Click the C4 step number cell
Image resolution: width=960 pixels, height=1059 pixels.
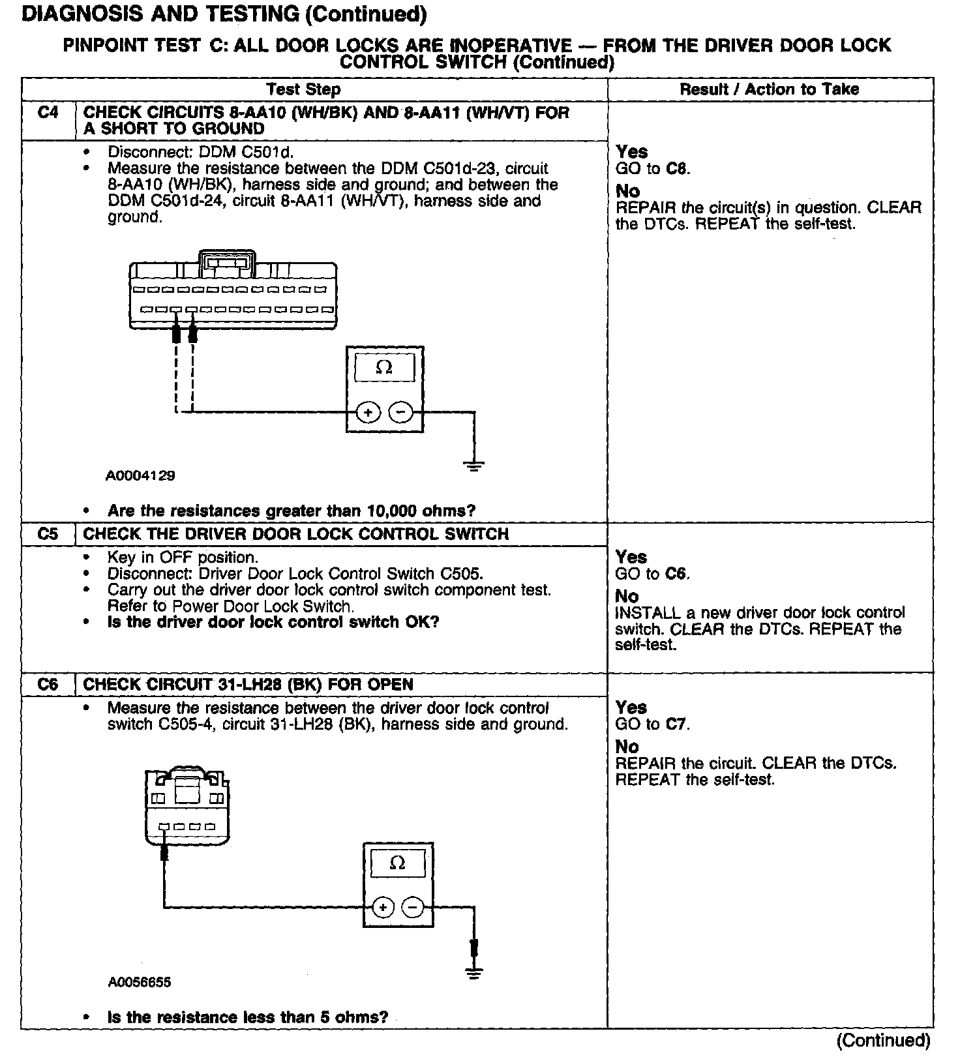pyautogui.click(x=48, y=113)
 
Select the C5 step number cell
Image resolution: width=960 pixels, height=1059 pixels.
pyautogui.click(x=48, y=534)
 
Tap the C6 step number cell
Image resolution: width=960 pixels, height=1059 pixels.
pyautogui.click(x=48, y=685)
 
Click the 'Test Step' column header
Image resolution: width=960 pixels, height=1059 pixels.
pyautogui.click(x=303, y=89)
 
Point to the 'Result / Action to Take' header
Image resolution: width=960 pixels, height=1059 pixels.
pyautogui.click(x=770, y=89)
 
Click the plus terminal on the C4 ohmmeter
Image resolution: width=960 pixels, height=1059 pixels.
pyautogui.click(x=368, y=412)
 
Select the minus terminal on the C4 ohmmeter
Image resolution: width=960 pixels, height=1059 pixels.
pyautogui.click(x=400, y=412)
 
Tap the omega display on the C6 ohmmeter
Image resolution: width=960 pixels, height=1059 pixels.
pyautogui.click(x=397, y=863)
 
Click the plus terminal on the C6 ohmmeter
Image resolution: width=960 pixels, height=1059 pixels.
pyautogui.click(x=383, y=908)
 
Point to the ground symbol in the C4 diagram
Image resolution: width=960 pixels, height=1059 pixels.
pyautogui.click(x=474, y=466)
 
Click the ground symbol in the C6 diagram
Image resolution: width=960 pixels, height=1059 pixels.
pyautogui.click(x=474, y=974)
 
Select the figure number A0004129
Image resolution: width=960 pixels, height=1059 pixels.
pyautogui.click(x=140, y=476)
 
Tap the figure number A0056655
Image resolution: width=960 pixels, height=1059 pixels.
pyautogui.click(x=140, y=982)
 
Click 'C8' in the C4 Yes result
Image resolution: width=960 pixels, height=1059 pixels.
pyautogui.click(x=678, y=169)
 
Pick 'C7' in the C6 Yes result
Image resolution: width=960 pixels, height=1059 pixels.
pyautogui.click(x=677, y=724)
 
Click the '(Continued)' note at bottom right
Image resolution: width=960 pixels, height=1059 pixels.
pyautogui.click(x=884, y=1040)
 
